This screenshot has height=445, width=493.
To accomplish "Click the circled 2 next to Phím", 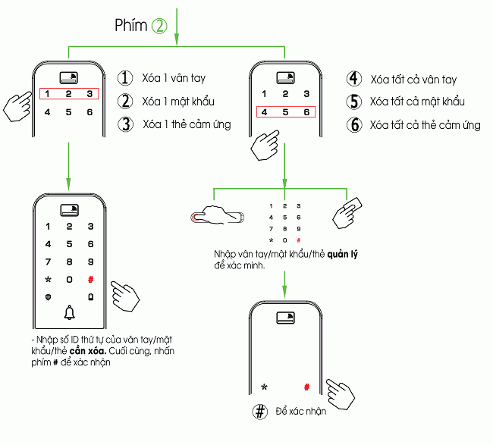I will click(x=159, y=26).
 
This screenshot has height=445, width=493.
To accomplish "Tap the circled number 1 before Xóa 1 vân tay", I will click(x=125, y=78).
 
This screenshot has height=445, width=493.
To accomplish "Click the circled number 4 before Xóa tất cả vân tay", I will click(x=353, y=79).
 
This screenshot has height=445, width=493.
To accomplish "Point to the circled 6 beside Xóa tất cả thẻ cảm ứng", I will click(x=353, y=125).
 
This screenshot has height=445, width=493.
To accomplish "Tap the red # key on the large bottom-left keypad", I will click(x=90, y=280).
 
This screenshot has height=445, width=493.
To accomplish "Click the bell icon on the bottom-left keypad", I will click(x=70, y=312).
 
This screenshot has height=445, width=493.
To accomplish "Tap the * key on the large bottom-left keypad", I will click(x=49, y=280).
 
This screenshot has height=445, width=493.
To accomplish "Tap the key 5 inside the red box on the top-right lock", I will click(x=285, y=113).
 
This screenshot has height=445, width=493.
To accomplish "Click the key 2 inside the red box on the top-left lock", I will click(x=68, y=94).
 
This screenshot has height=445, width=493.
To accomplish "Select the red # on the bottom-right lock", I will click(x=307, y=387).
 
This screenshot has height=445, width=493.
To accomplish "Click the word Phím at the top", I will click(x=130, y=26).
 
